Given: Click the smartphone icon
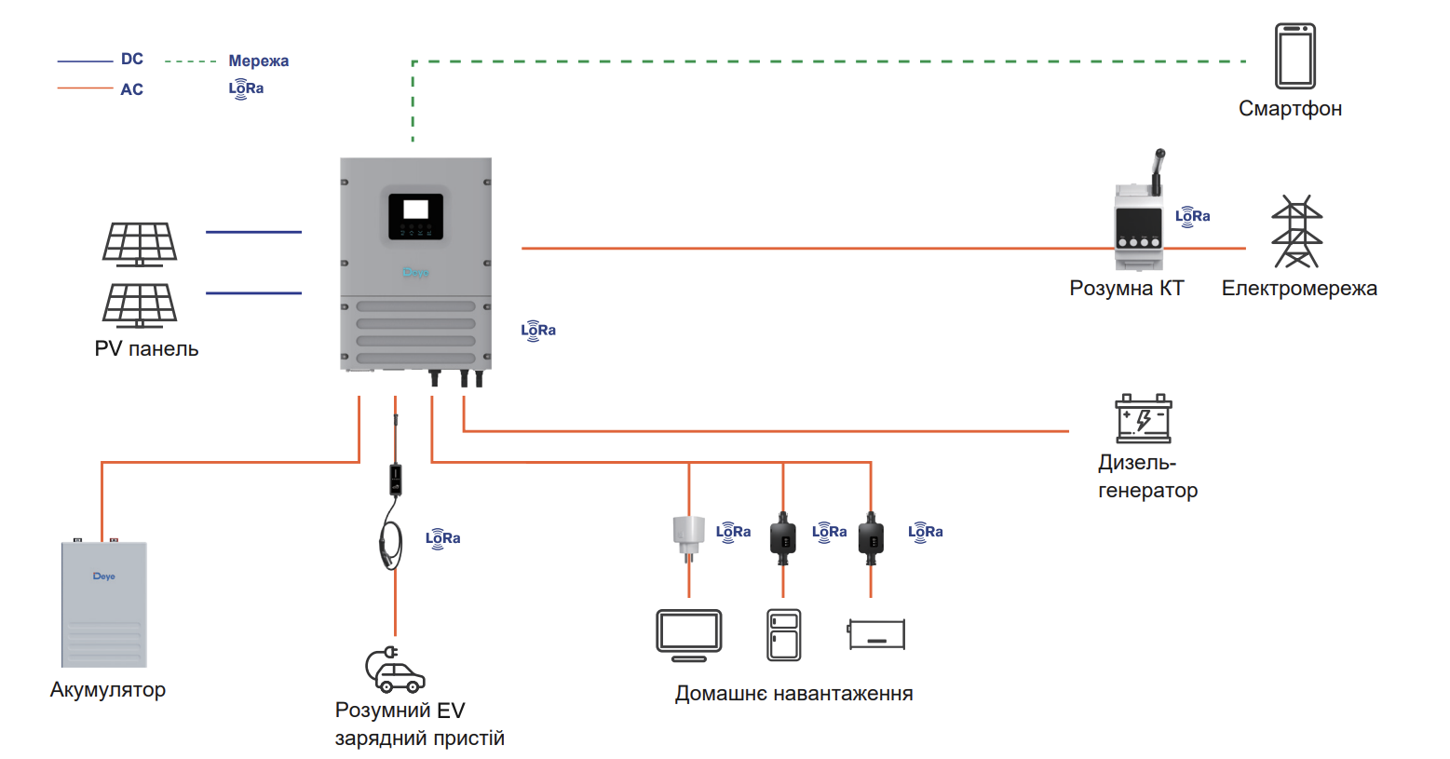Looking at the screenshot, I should point(1294,56).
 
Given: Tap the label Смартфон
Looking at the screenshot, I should point(1290,109).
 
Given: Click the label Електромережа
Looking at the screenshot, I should point(1299,289).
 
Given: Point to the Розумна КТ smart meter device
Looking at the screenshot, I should point(1139,224).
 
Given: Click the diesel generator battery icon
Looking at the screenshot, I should point(1144,419).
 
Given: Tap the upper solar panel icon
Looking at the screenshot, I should point(140,244).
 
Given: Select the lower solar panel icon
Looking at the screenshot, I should point(140,305).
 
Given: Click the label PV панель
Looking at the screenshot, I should point(146,349).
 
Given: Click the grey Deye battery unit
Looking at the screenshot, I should point(104,604).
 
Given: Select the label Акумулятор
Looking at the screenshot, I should point(108,690).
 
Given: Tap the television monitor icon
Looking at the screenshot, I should point(689,635).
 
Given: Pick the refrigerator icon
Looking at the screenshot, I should point(784,635).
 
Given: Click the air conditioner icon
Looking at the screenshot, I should point(876,635).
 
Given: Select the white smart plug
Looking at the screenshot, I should point(688,535).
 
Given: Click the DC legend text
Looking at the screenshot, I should point(132,60).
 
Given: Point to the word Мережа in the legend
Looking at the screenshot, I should point(258,61).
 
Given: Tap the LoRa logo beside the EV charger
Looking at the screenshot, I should point(443,538).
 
